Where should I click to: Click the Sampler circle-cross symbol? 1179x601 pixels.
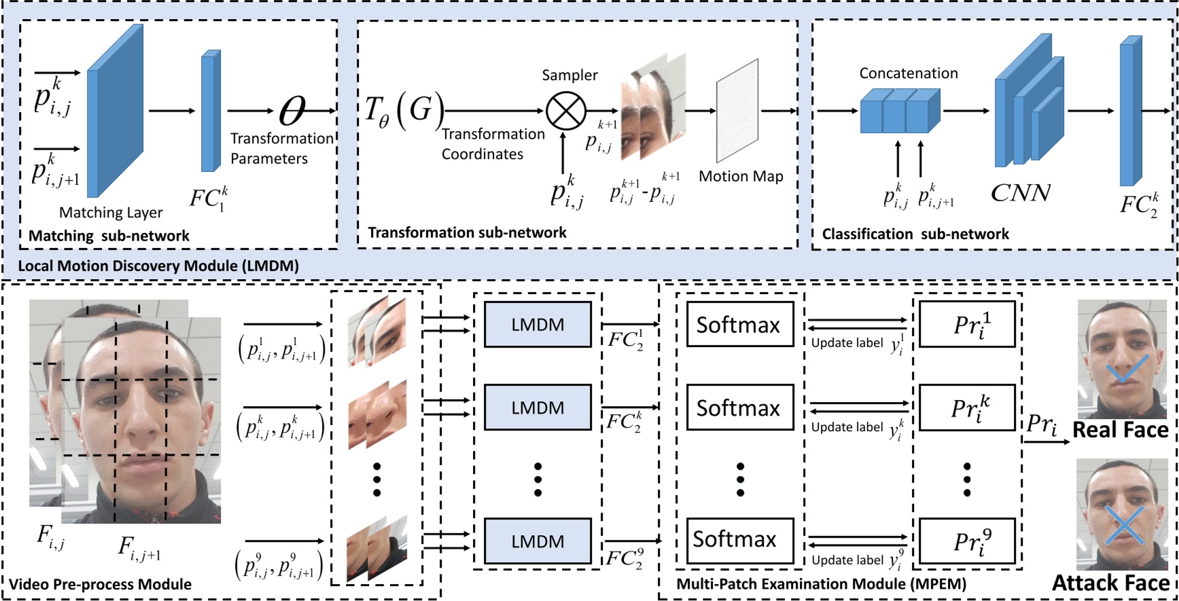pyautogui.click(x=566, y=110)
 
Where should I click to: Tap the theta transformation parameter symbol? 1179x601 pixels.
pyautogui.click(x=293, y=110)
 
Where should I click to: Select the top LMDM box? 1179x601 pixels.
pyautogui.click(x=538, y=325)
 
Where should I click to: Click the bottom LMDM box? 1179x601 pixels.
pyautogui.click(x=538, y=541)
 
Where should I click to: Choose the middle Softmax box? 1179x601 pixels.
pyautogui.click(x=740, y=407)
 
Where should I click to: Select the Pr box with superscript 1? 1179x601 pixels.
pyautogui.click(x=967, y=325)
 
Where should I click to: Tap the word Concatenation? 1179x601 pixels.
pyautogui.click(x=909, y=73)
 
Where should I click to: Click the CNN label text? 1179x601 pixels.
pyautogui.click(x=1021, y=193)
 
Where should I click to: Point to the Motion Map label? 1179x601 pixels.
pyautogui.click(x=741, y=177)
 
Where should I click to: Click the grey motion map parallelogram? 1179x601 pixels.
pyautogui.click(x=737, y=111)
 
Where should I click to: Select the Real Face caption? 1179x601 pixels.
pyautogui.click(x=1120, y=430)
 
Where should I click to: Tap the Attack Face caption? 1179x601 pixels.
pyautogui.click(x=1111, y=583)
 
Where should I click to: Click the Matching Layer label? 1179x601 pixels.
pyautogui.click(x=111, y=213)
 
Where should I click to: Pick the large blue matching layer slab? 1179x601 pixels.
pyautogui.click(x=115, y=111)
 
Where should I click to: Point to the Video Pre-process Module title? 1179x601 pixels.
pyautogui.click(x=100, y=585)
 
